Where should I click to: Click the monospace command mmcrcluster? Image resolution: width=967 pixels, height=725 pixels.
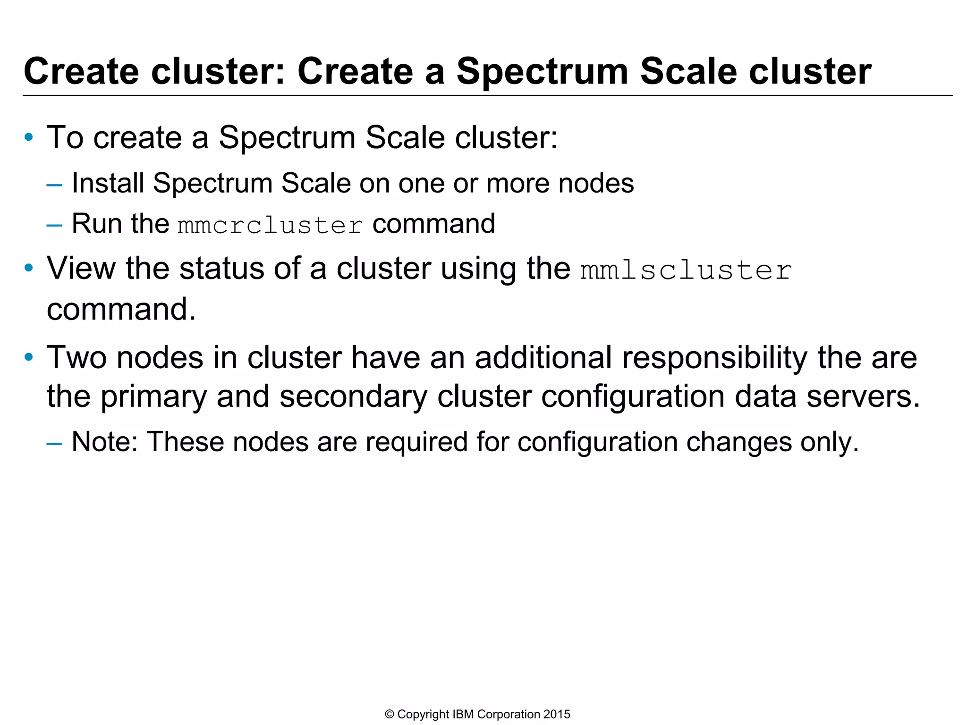[x=270, y=225]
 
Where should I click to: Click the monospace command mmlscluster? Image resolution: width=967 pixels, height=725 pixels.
[x=686, y=270]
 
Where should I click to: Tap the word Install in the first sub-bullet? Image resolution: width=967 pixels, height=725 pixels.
[x=108, y=183]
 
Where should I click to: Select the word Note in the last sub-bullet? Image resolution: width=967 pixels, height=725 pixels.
[x=103, y=442]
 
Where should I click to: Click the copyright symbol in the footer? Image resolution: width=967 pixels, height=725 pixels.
[x=390, y=714]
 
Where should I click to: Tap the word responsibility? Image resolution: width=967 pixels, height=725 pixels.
[x=715, y=358]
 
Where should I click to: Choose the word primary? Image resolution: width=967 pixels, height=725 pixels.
[x=153, y=397]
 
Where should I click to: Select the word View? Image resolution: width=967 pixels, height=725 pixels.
[x=81, y=268]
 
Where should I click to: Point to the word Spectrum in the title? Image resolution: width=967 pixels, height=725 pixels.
[x=542, y=72]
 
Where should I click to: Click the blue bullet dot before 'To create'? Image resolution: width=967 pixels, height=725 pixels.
[x=29, y=138]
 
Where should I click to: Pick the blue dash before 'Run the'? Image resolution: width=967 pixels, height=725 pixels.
[x=54, y=225]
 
